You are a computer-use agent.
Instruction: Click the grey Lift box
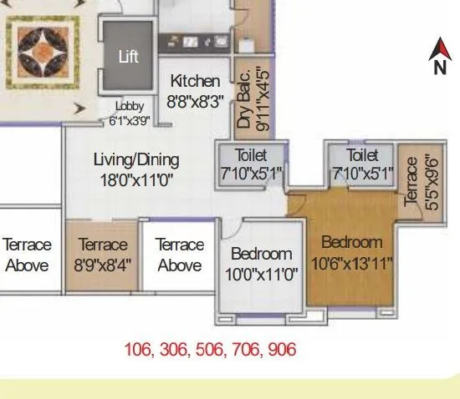128,57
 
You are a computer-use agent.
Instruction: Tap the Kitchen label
195,81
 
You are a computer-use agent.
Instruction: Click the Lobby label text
130,106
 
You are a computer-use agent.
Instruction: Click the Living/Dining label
135,159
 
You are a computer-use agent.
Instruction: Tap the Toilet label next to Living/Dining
251,155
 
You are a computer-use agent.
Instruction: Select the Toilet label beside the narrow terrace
362,155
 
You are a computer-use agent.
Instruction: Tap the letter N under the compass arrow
438,69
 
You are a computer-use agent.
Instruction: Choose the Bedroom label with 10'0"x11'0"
262,254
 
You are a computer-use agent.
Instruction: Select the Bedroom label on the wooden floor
351,243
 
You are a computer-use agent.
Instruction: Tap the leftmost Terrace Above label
27,255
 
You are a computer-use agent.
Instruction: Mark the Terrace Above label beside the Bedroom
180,255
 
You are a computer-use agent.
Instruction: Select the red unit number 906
281,349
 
